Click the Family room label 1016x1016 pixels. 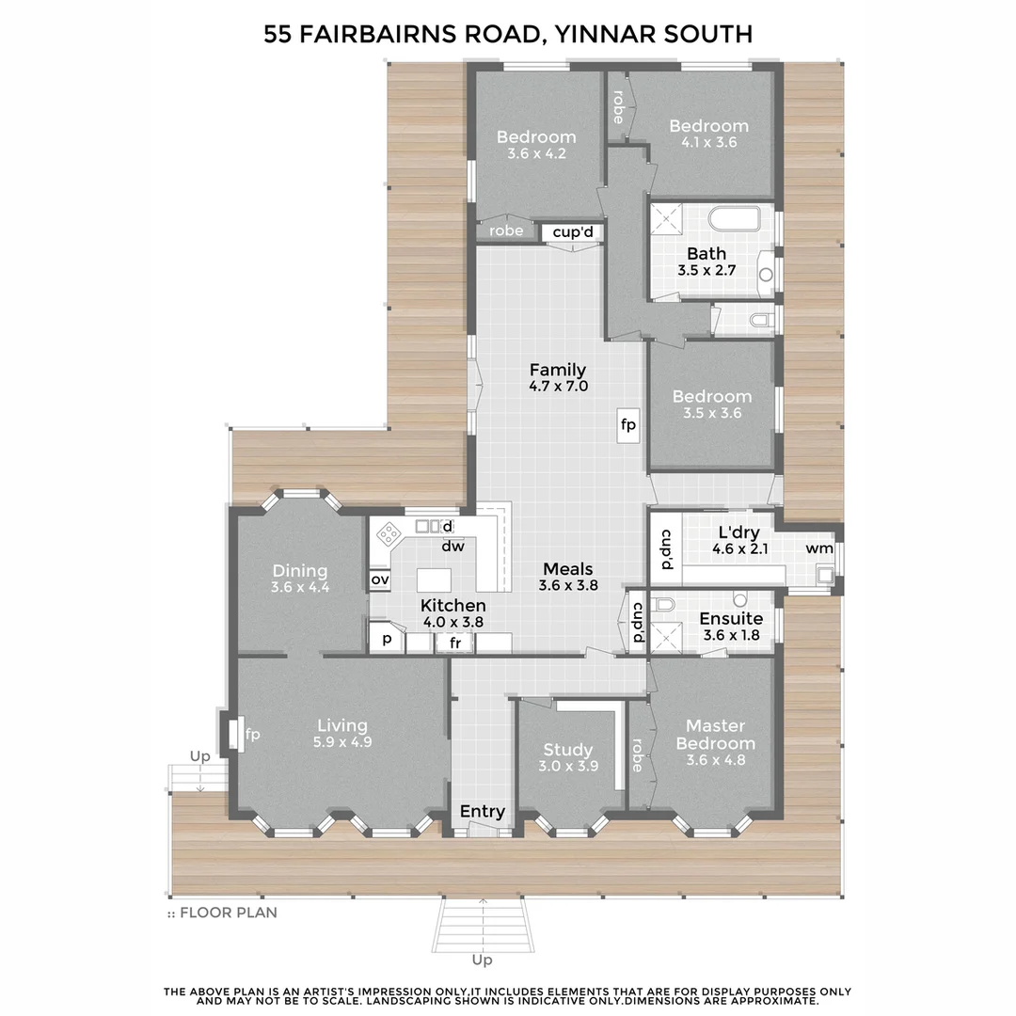(557, 370)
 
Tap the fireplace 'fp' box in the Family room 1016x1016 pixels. (627, 425)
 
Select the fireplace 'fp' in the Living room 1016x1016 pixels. (252, 734)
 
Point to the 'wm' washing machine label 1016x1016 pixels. (818, 548)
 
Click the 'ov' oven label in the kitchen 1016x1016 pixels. (380, 580)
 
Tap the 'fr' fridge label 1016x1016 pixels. (456, 643)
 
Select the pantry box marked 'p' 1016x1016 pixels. (386, 641)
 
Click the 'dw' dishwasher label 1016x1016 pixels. (452, 545)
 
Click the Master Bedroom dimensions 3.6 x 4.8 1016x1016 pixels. (715, 760)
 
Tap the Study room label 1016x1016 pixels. (567, 750)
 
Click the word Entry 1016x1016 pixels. (482, 811)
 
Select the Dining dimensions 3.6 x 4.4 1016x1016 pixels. (299, 587)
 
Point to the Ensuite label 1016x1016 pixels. (731, 618)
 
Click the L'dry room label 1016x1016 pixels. (738, 532)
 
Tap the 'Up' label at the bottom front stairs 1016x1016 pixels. (482, 960)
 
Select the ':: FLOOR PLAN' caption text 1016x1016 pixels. (222, 912)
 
